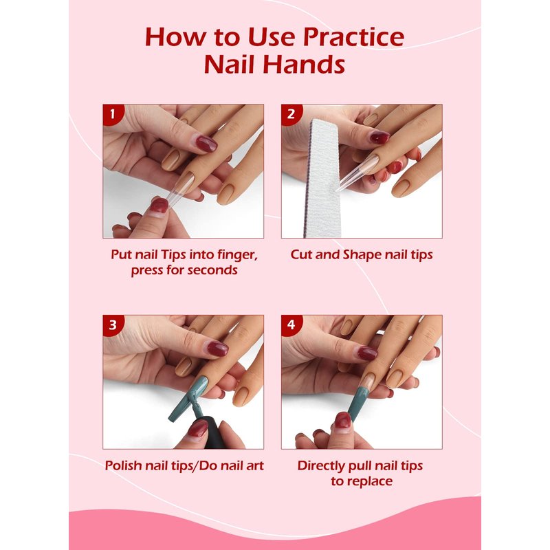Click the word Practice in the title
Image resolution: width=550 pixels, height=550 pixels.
coord(353,37)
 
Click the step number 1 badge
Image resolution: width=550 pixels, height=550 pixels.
coord(113,114)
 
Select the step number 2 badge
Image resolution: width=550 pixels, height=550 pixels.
coord(291,114)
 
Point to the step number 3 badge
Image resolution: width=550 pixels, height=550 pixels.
coord(113,324)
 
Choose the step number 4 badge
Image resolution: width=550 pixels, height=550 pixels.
coord(291,324)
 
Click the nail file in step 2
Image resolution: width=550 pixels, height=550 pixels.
coord(322,178)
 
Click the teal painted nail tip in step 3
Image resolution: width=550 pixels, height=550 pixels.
coord(188,399)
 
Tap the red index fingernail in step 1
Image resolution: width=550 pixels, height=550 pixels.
coord(207,144)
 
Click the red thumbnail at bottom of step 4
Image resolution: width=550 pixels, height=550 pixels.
coord(342,420)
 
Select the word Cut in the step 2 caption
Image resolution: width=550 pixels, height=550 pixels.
coord(302,254)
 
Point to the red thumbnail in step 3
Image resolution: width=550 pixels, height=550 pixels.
coord(198,428)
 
